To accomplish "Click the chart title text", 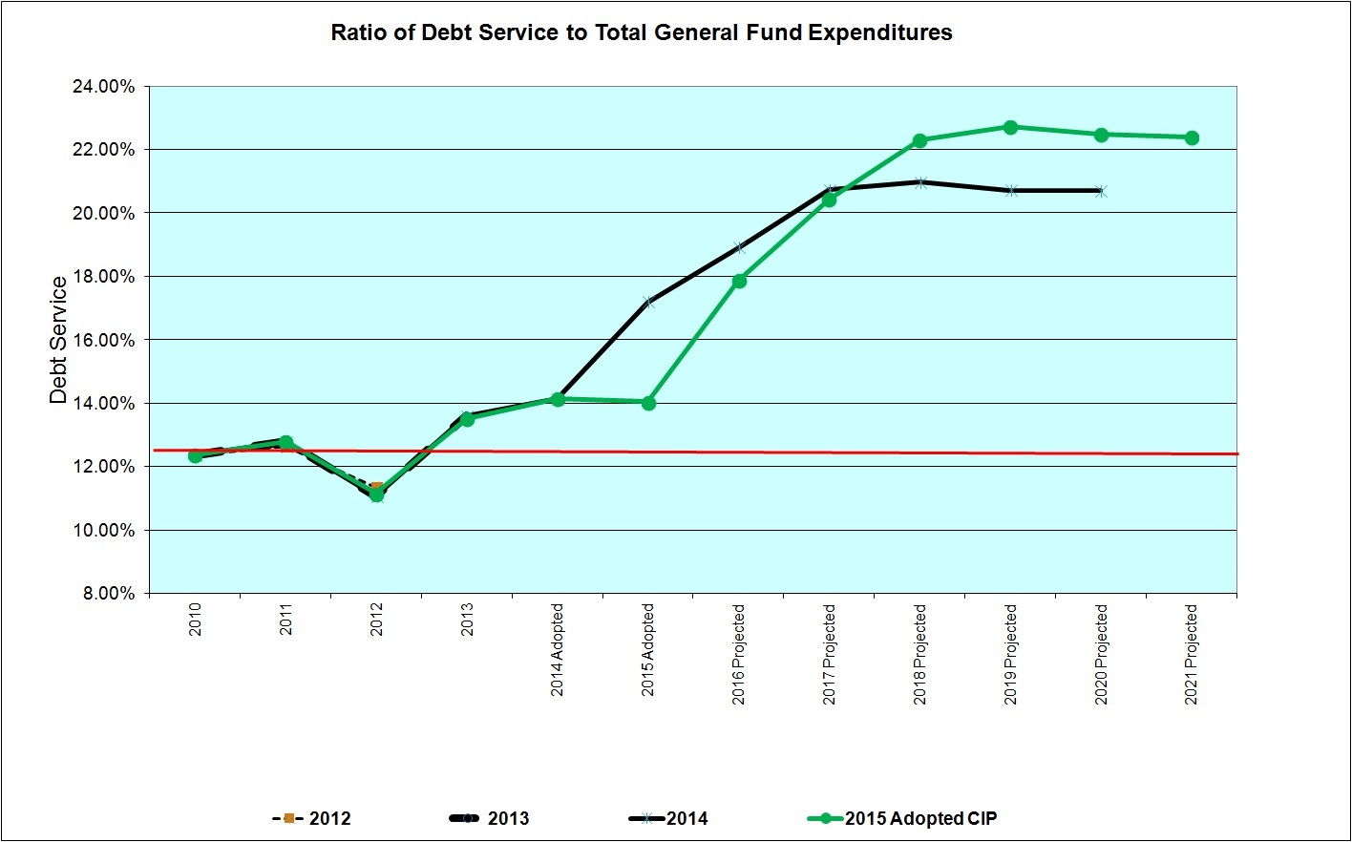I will pyautogui.click(x=642, y=32).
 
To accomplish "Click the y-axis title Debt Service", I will pyautogui.click(x=59, y=340).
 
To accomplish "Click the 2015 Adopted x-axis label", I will pyautogui.click(x=648, y=649).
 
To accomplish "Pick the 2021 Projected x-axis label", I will pyautogui.click(x=1192, y=654).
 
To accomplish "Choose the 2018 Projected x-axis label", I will pyautogui.click(x=920, y=654).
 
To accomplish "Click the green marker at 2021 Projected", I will pyautogui.click(x=1192, y=137).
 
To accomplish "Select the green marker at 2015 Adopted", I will pyautogui.click(x=648, y=403).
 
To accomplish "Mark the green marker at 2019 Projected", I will pyautogui.click(x=1010, y=127).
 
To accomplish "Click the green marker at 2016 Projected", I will pyautogui.click(x=739, y=281).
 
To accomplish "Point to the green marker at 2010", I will pyautogui.click(x=196, y=455).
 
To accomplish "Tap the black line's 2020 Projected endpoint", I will pyautogui.click(x=1101, y=191).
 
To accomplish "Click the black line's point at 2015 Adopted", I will pyautogui.click(x=648, y=303).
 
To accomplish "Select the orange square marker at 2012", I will pyautogui.click(x=377, y=488).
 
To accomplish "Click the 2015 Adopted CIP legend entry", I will pyautogui.click(x=902, y=818).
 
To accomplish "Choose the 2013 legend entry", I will pyautogui.click(x=489, y=818).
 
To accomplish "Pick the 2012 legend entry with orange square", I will pyautogui.click(x=312, y=818).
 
